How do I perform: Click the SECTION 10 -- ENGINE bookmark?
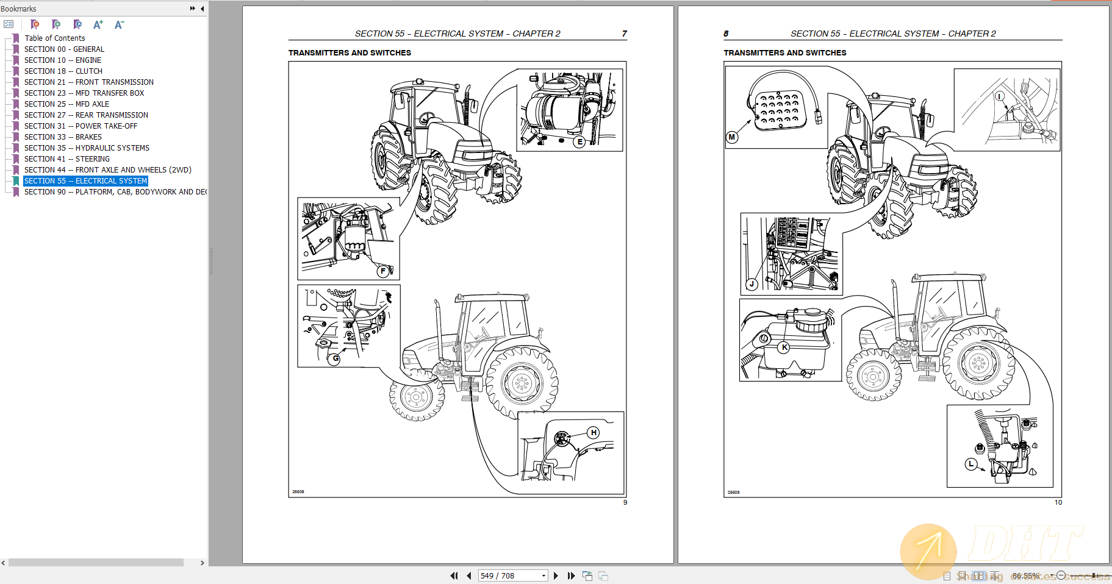click(63, 60)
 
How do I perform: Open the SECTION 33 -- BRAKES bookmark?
click(63, 137)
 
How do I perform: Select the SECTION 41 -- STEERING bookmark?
click(67, 159)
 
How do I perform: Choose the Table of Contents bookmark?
click(54, 38)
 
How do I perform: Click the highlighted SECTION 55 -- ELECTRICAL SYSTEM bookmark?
click(85, 181)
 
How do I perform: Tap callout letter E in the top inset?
click(579, 141)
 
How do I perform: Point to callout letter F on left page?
click(383, 271)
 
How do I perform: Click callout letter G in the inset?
click(335, 359)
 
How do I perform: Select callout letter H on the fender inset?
click(594, 433)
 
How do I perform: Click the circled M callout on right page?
click(732, 137)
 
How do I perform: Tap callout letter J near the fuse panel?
click(752, 284)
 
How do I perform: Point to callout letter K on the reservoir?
click(784, 347)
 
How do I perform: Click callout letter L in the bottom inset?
click(971, 464)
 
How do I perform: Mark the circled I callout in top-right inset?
click(999, 96)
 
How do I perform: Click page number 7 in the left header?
click(624, 34)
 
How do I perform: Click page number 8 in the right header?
click(726, 34)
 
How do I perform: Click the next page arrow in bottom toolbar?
click(556, 575)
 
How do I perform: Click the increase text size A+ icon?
click(98, 24)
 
